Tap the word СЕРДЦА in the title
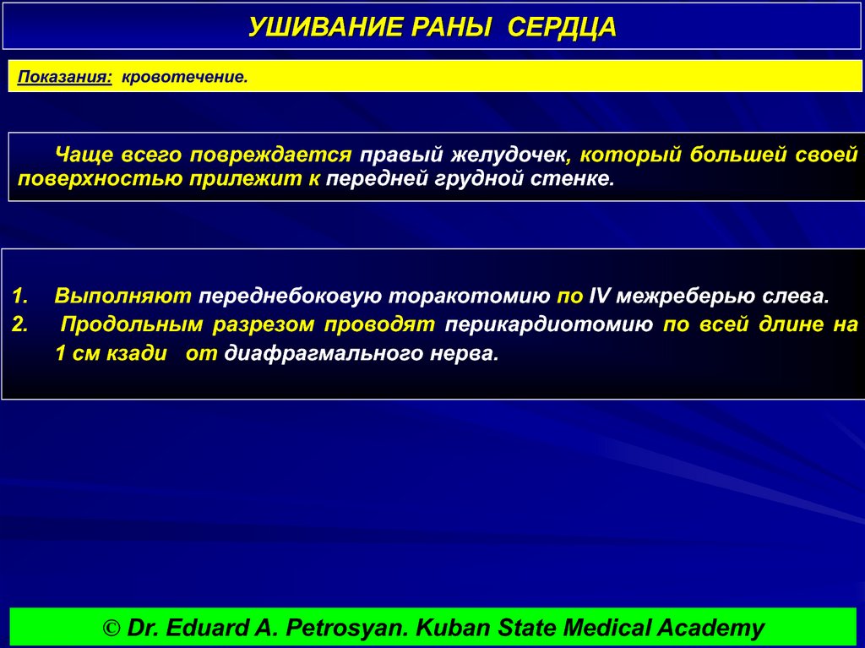[x=563, y=28]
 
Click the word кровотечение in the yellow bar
[x=184, y=77]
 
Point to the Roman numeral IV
[x=598, y=297]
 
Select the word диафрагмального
[x=329, y=353]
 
